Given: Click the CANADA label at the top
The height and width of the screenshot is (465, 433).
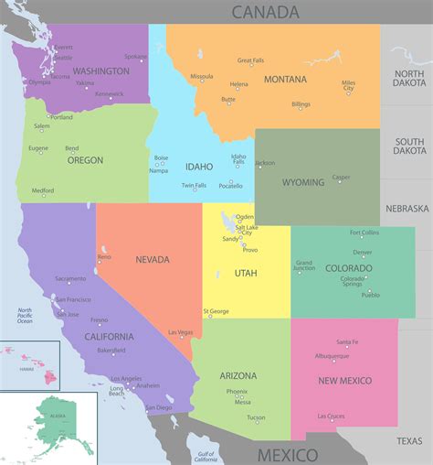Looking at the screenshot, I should pyautogui.click(x=265, y=12).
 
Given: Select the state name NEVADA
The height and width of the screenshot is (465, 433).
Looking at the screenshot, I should pyautogui.click(x=153, y=259).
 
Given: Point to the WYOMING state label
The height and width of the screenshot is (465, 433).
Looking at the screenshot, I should pyautogui.click(x=302, y=182).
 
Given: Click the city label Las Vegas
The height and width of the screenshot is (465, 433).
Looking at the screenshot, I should pyautogui.click(x=180, y=332).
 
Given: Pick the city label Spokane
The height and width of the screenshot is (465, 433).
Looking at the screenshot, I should pyautogui.click(x=135, y=57).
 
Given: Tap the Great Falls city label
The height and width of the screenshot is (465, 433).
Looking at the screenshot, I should pyautogui.click(x=250, y=61).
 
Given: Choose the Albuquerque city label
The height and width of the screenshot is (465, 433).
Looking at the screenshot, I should pyautogui.click(x=332, y=355).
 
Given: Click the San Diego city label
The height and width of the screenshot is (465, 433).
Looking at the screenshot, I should pyautogui.click(x=159, y=407).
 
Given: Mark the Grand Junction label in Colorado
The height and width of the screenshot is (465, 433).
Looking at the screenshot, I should pyautogui.click(x=304, y=266).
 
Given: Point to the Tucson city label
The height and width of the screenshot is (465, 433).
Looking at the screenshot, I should pyautogui.click(x=256, y=417).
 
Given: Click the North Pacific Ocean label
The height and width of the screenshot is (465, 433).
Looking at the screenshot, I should pyautogui.click(x=25, y=315).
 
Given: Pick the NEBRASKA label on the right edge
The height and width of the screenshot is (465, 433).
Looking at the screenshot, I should pyautogui.click(x=407, y=209).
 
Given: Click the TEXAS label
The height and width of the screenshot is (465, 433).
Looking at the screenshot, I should pyautogui.click(x=409, y=441).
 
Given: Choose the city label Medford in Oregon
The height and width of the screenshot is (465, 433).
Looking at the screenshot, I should pyautogui.click(x=43, y=190).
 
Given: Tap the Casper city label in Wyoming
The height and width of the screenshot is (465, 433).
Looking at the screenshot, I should pyautogui.click(x=341, y=178).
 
